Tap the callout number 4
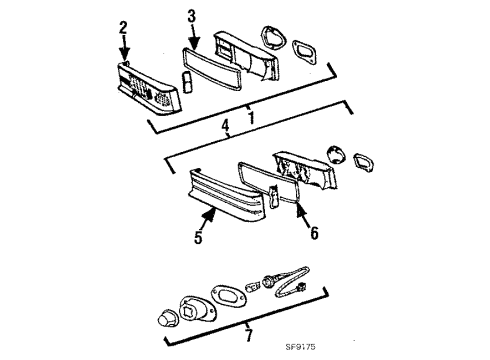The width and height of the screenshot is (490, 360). (x=226, y=125)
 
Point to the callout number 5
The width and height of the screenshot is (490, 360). (x=198, y=240)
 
